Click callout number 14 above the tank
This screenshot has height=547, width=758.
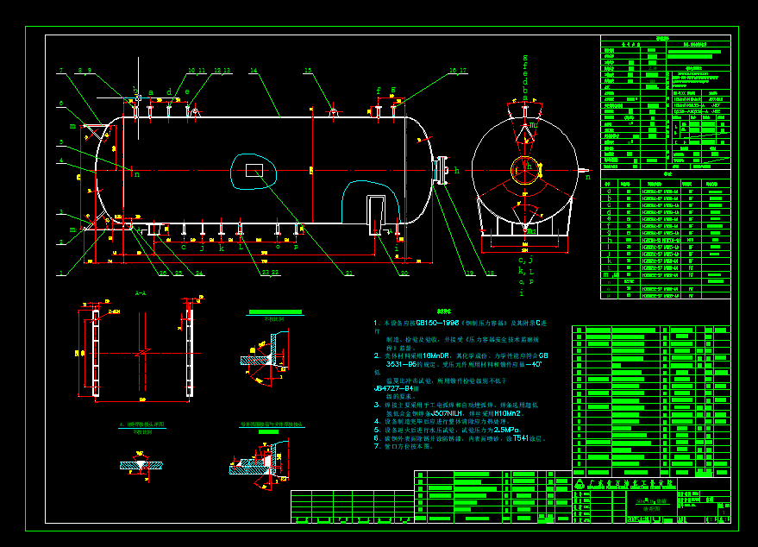tap(254, 70)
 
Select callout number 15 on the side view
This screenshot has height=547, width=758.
tap(308, 71)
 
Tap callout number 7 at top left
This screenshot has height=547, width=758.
tap(61, 70)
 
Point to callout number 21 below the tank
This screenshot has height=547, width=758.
tap(349, 273)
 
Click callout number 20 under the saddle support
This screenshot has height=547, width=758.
tap(404, 273)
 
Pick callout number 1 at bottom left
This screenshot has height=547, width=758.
tap(61, 273)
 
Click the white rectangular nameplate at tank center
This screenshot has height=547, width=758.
tap(254, 170)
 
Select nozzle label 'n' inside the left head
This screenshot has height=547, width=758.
tap(136, 174)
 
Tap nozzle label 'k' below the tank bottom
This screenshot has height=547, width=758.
tap(221, 248)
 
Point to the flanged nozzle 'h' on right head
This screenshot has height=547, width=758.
tap(443, 170)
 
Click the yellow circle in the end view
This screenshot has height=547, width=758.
tap(523, 170)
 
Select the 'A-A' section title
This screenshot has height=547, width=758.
tap(141, 293)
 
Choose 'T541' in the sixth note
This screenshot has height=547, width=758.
tap(521, 438)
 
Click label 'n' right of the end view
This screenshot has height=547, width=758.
tap(588, 178)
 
